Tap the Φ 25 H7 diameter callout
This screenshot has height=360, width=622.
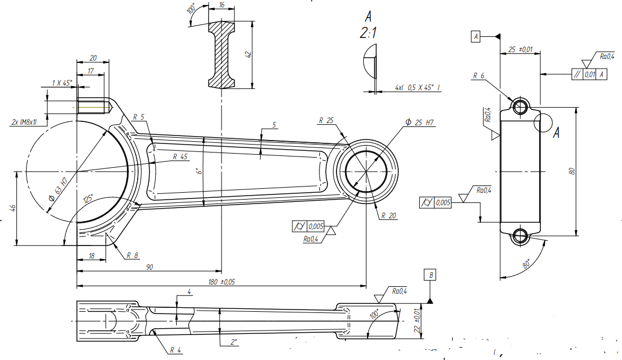click(420, 122)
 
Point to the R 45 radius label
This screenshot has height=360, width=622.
click(180, 156)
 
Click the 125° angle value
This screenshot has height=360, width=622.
click(88, 199)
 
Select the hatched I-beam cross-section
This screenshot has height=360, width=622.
click(221, 54)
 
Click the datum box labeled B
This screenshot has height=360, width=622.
click(431, 276)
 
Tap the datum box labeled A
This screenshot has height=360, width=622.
click(476, 37)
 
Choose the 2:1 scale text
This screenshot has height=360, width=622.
click(368, 34)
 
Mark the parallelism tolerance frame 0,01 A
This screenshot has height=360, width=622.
click(589, 74)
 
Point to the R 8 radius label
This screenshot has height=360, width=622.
click(132, 256)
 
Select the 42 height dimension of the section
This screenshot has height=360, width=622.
click(248, 54)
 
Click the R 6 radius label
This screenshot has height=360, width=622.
click(479, 75)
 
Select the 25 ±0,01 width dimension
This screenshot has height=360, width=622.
click(520, 50)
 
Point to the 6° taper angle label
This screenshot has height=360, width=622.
click(198, 171)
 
